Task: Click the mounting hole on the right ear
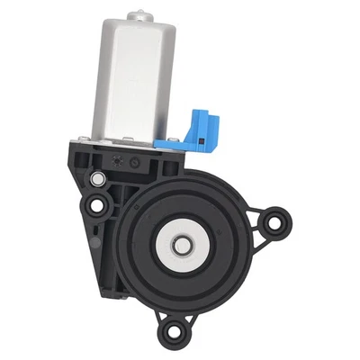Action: [280, 218]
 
